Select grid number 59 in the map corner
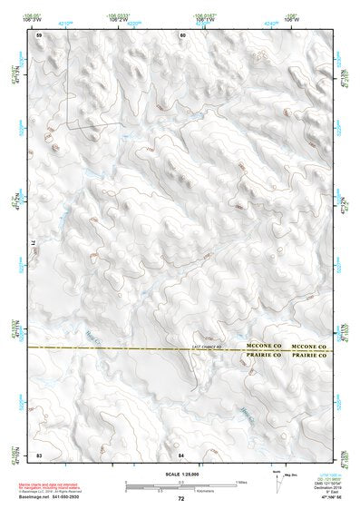tap(39, 34)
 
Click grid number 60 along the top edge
tap(182, 34)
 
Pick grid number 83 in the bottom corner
tap(39, 454)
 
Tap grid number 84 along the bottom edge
tap(181, 454)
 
